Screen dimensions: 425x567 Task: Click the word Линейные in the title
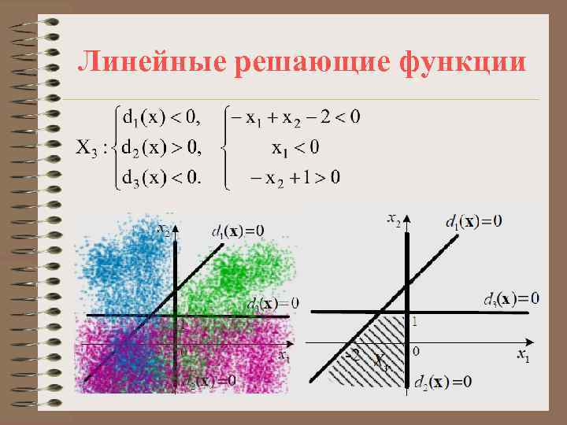click(x=149, y=64)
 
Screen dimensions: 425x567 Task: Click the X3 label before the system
click(x=89, y=147)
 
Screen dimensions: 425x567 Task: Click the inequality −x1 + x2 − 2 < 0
click(x=293, y=118)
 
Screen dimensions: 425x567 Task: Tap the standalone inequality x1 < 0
click(x=296, y=147)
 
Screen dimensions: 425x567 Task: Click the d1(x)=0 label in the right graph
click(x=473, y=221)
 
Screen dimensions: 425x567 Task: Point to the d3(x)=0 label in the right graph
click(x=510, y=299)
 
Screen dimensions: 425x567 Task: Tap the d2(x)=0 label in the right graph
click(x=443, y=382)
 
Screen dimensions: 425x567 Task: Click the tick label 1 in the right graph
click(x=415, y=321)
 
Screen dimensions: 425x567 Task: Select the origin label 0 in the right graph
click(x=416, y=350)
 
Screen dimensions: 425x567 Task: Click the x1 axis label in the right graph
click(x=523, y=355)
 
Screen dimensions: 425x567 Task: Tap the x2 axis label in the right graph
click(x=395, y=220)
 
